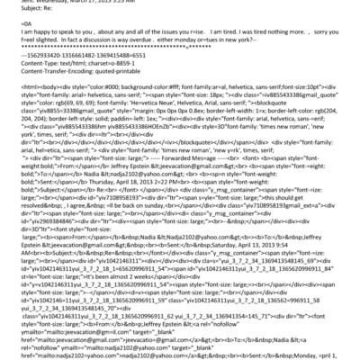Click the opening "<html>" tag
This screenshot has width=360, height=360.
(17, 115)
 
